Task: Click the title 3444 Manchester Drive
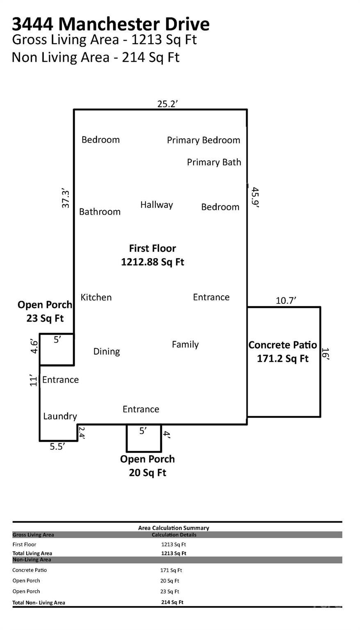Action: pos(111,24)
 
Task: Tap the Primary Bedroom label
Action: pos(203,140)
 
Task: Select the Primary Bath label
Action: pos(214,162)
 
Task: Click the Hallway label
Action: pos(157,205)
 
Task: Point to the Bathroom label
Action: pos(100,212)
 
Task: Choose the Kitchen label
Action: pos(96,297)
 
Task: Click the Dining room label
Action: pos(107,352)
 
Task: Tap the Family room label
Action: pos(185,345)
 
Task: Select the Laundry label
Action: pos(60,416)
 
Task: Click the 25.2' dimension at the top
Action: pos(167,104)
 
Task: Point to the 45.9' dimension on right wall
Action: pos(255,198)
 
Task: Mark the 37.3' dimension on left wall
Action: pos(66,199)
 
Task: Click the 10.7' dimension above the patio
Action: pos(286,301)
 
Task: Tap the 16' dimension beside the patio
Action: pos(325,354)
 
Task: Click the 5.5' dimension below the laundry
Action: pos(57,447)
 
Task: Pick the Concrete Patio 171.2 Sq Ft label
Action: pos(283,352)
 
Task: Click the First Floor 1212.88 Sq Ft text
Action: pos(153,255)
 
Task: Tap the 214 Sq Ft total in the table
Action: pos(172,602)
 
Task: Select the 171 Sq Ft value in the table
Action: pos(171,570)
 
